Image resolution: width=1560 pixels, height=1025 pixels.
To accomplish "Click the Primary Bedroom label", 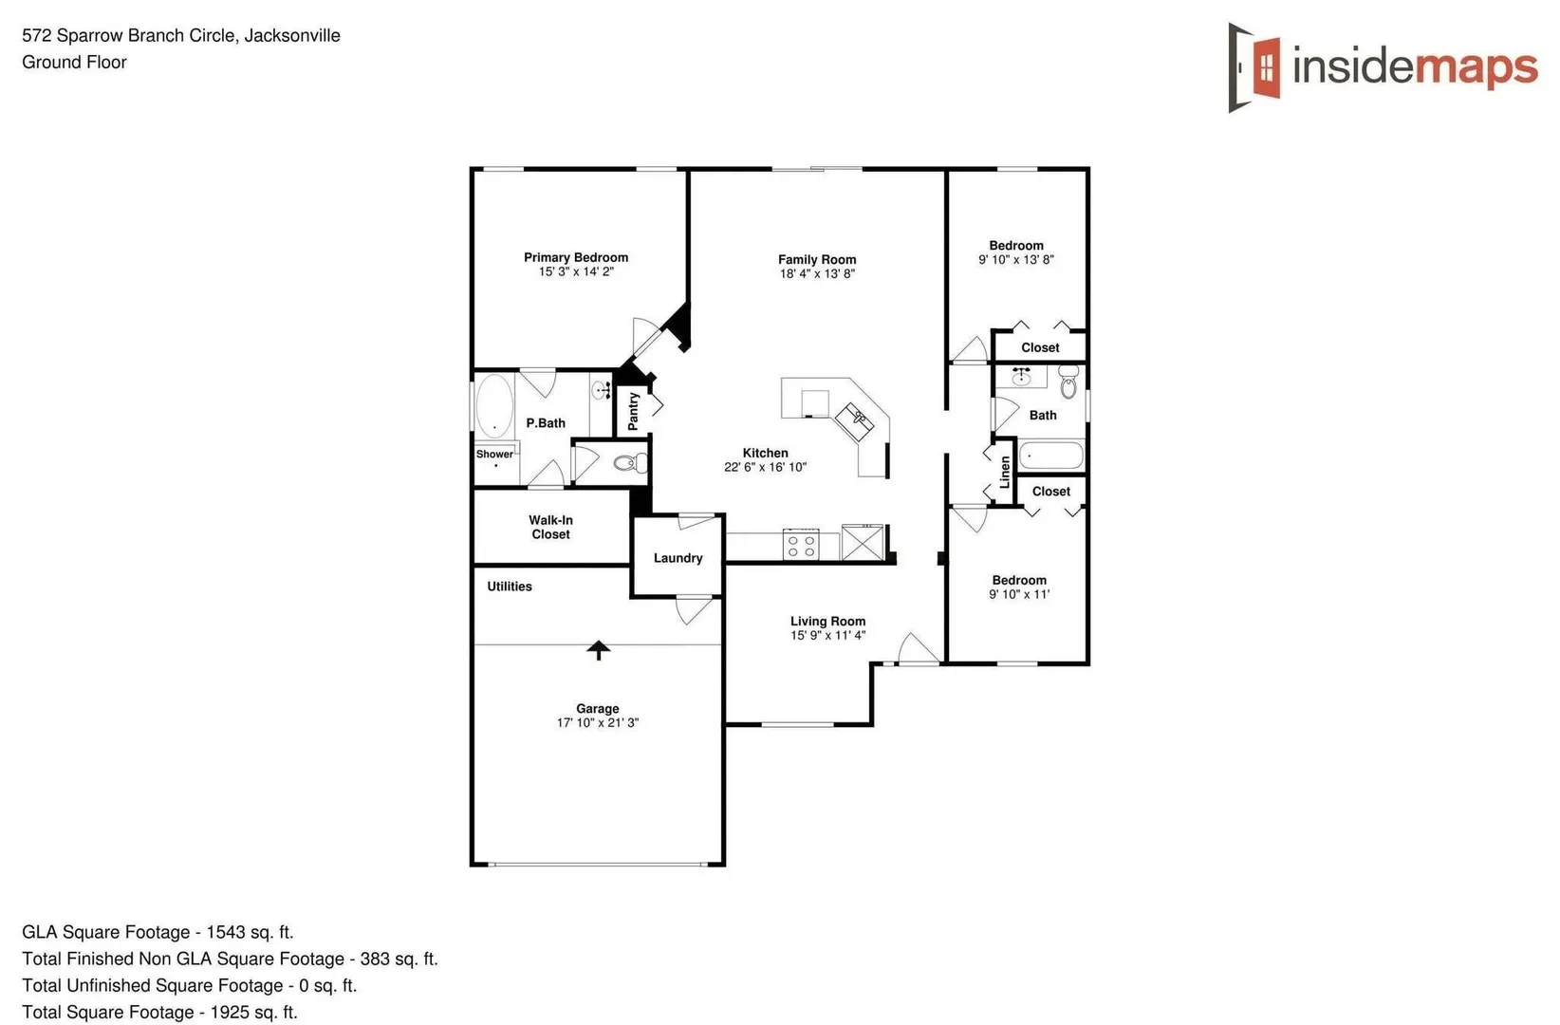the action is [x=576, y=257].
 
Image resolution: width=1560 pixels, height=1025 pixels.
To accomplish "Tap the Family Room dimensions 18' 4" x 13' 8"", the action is [x=817, y=273].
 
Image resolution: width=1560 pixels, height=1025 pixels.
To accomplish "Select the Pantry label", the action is [x=633, y=411].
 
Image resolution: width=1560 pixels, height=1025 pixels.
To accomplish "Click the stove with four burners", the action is [x=801, y=545].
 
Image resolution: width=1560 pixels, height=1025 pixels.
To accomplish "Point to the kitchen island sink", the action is [x=855, y=419].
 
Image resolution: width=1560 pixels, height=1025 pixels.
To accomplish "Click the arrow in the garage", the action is [x=598, y=650].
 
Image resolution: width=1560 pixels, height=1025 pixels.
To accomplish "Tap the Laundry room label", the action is [x=678, y=558].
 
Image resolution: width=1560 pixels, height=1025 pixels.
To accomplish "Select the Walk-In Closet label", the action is [x=551, y=527].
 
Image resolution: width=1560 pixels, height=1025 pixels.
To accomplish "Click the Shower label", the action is [x=494, y=454].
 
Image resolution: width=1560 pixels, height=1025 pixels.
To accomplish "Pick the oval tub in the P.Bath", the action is [x=493, y=406].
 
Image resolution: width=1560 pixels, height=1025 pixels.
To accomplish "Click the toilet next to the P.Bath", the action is [x=630, y=462].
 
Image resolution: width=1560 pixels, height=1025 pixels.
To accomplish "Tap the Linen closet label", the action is [x=1004, y=472].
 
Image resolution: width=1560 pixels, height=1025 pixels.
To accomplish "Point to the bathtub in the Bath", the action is [x=1050, y=456].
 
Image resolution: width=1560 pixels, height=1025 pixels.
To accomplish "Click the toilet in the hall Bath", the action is [x=1068, y=382].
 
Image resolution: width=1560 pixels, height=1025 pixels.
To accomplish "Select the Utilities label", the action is [x=510, y=587].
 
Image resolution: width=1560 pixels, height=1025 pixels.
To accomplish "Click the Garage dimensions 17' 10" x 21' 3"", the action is [x=598, y=723].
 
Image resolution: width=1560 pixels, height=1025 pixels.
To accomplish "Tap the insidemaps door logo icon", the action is [x=1254, y=67].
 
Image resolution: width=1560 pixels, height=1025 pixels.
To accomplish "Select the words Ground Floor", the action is [x=75, y=62].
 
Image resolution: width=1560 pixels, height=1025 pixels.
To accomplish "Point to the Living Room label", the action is [x=827, y=621].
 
